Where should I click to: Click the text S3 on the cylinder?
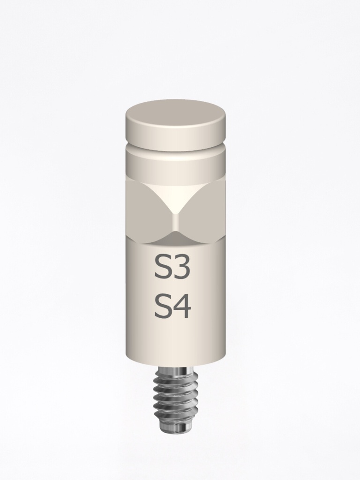tap(172, 268)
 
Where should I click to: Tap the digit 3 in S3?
tap(181, 268)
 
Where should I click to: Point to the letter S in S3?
tap(163, 268)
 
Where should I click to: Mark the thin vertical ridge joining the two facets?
tap(175, 223)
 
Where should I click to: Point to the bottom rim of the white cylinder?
tap(175, 363)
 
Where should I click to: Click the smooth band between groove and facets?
tap(175, 166)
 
